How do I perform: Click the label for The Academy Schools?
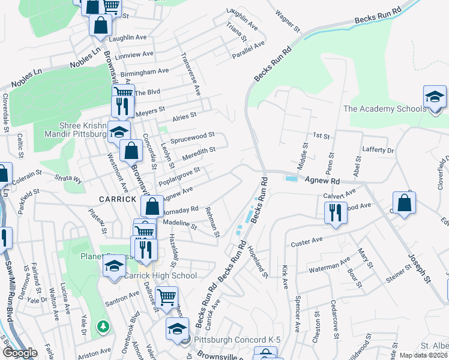[x=385, y=109]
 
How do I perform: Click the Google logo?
[x=19, y=353]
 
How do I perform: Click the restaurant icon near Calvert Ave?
[x=335, y=212]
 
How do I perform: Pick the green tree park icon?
[x=104, y=326]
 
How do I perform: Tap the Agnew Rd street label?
[x=322, y=180]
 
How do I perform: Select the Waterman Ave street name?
[x=330, y=265]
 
